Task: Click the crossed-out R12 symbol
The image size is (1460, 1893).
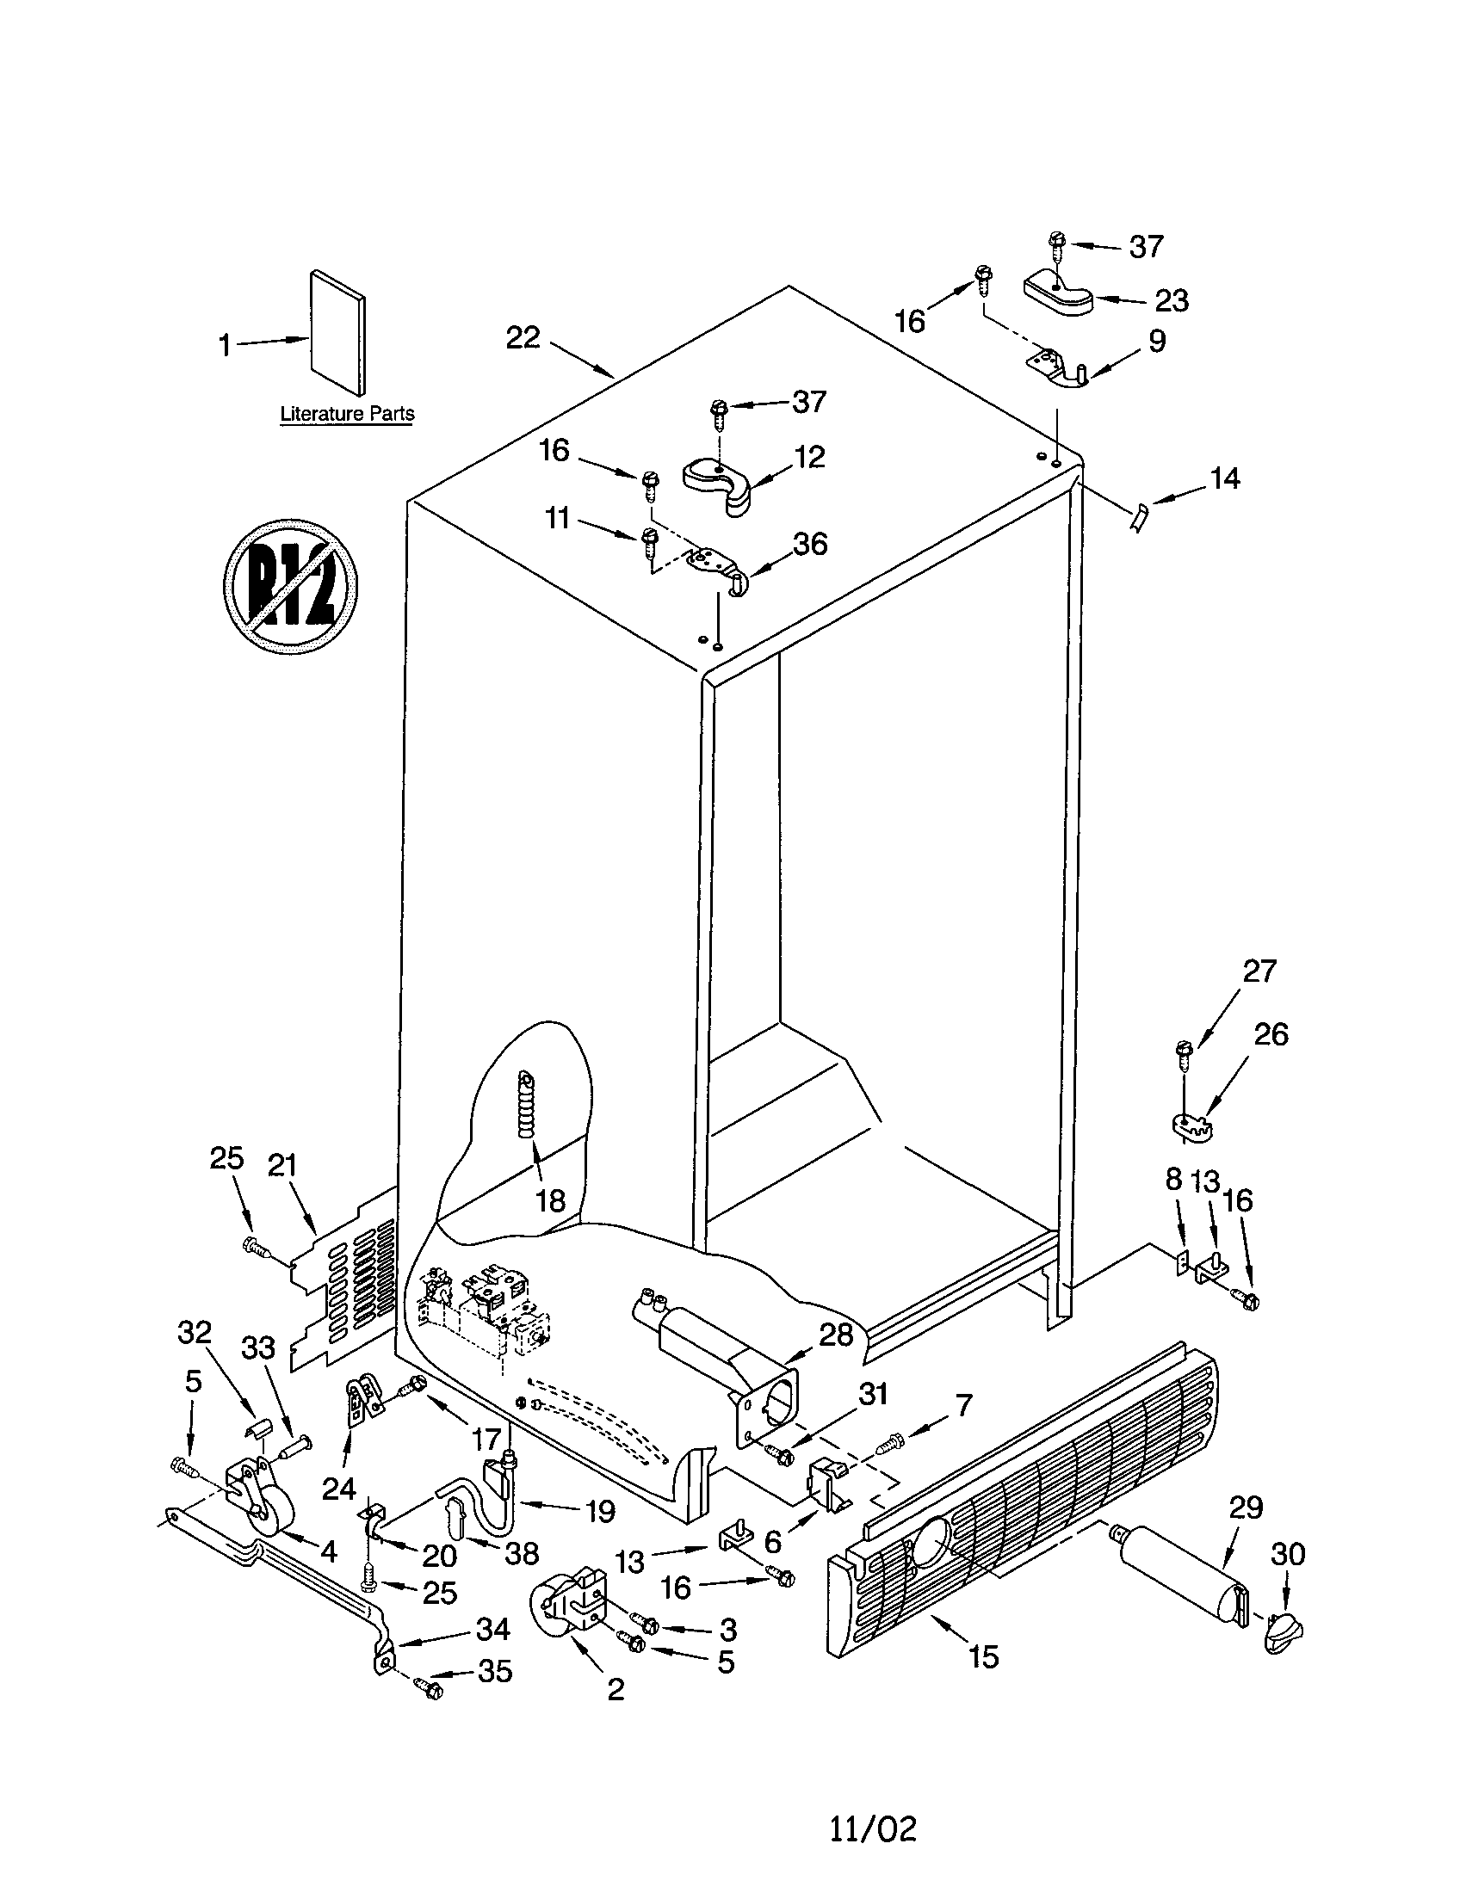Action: [290, 586]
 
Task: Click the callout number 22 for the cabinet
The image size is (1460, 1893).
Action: [523, 338]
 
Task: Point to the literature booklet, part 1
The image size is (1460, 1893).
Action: [338, 331]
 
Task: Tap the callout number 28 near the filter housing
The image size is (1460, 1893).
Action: [836, 1335]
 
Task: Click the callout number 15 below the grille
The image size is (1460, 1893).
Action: [983, 1657]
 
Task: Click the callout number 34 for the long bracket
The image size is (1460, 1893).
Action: [492, 1630]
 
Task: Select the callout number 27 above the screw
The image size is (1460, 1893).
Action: [1259, 971]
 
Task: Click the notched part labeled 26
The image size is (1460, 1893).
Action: [1190, 1126]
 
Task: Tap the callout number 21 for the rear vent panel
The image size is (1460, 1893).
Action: [281, 1167]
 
